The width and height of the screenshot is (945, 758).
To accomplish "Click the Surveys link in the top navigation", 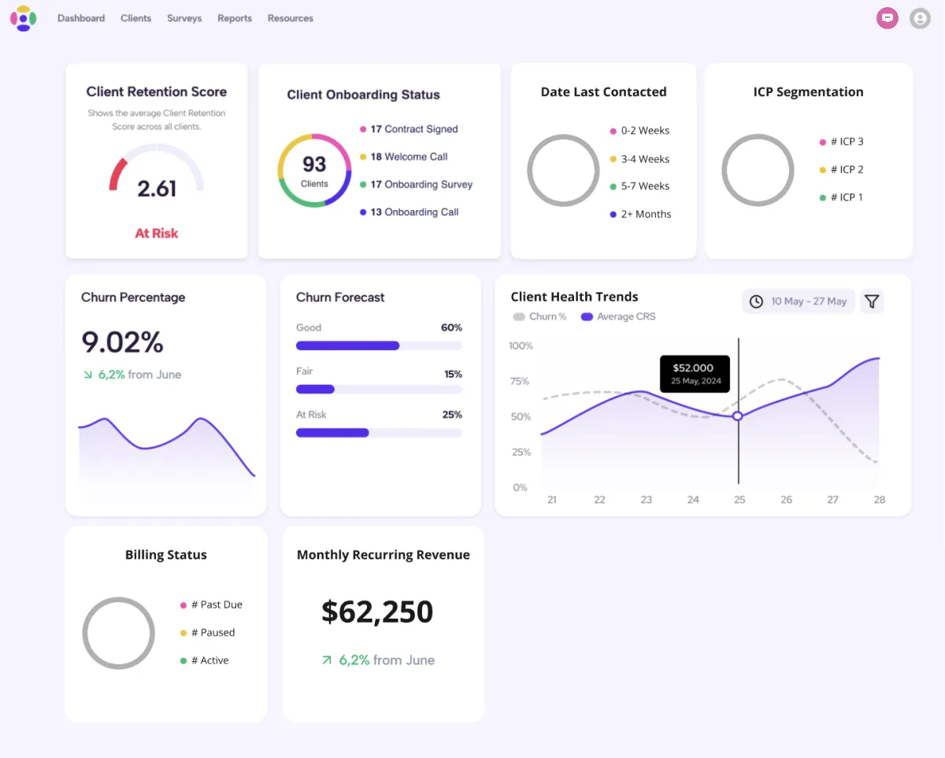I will pyautogui.click(x=184, y=18).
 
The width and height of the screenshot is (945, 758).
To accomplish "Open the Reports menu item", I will pyautogui.click(x=235, y=18).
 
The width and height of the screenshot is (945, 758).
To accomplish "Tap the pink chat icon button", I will pyautogui.click(x=888, y=18).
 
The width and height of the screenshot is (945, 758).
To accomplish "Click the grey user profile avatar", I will pyautogui.click(x=920, y=18).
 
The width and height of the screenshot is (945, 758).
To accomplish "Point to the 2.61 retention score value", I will pyautogui.click(x=157, y=189).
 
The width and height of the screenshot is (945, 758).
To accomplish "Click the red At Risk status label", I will pyautogui.click(x=157, y=233).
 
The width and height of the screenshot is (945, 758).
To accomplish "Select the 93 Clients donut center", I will pyautogui.click(x=314, y=170).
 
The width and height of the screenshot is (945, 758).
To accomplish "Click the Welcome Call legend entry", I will pyautogui.click(x=409, y=157).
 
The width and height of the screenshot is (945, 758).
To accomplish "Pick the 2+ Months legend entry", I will pyautogui.click(x=645, y=214).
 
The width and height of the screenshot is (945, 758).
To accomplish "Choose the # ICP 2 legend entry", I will pyautogui.click(x=846, y=169).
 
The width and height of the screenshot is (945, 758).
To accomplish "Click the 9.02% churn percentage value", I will pyautogui.click(x=122, y=342).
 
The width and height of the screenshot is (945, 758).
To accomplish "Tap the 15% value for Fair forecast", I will pyautogui.click(x=453, y=375).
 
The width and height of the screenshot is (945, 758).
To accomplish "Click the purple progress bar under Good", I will pyautogui.click(x=348, y=346).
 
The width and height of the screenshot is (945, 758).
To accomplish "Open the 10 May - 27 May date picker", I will pyautogui.click(x=799, y=301).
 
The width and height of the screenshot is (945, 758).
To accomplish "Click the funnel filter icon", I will pyautogui.click(x=872, y=301).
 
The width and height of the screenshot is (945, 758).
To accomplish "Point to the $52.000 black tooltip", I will pyautogui.click(x=693, y=374).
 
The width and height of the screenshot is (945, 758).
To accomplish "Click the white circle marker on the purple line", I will pyautogui.click(x=738, y=416).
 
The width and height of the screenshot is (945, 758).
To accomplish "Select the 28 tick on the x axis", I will pyautogui.click(x=879, y=500).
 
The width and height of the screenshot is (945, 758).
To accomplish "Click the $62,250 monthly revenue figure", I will pyautogui.click(x=377, y=612).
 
